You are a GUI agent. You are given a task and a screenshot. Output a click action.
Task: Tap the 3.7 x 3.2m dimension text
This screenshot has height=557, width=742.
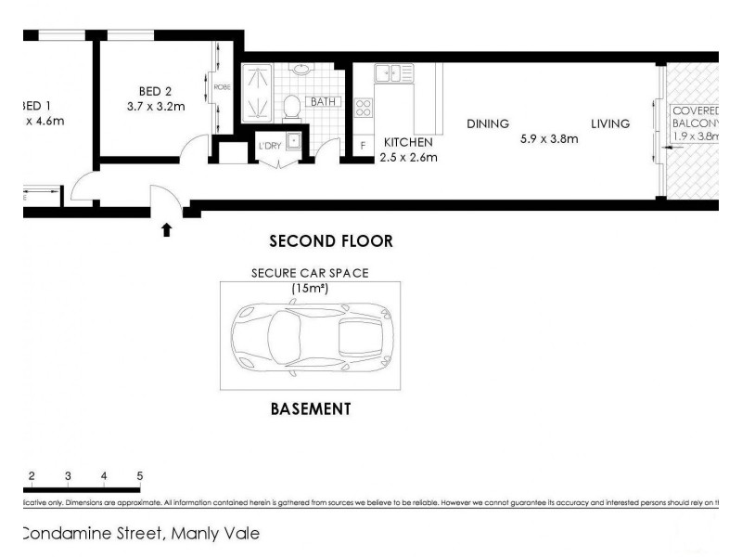[156, 107]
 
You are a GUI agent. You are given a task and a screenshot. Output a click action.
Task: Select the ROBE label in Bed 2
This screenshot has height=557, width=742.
[222, 88]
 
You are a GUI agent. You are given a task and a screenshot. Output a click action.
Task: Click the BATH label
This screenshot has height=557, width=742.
[323, 101]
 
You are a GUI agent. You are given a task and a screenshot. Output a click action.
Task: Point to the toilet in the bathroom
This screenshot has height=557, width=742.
[291, 107]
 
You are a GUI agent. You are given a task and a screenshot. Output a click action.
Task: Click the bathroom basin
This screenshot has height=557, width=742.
[301, 70]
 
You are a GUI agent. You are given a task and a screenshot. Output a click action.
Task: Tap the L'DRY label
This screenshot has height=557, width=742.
[271, 144]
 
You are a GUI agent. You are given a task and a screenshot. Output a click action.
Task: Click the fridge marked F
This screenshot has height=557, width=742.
[363, 146]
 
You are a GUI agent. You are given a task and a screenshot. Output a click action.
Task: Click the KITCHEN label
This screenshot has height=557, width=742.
[408, 143]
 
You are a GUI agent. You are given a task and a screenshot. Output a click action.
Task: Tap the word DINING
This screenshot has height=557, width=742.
[488, 123]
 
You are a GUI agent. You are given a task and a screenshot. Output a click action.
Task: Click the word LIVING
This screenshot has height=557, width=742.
[611, 123]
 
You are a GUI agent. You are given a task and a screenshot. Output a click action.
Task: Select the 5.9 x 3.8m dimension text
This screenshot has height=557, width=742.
[549, 140]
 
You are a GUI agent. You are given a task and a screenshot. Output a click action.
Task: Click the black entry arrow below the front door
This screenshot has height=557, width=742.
[167, 229]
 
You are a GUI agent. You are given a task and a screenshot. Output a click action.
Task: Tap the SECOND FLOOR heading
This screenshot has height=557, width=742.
[330, 241]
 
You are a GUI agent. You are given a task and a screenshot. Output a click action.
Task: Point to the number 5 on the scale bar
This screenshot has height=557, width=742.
[139, 475]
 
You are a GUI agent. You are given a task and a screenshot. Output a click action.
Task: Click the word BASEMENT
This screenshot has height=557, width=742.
[310, 408]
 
